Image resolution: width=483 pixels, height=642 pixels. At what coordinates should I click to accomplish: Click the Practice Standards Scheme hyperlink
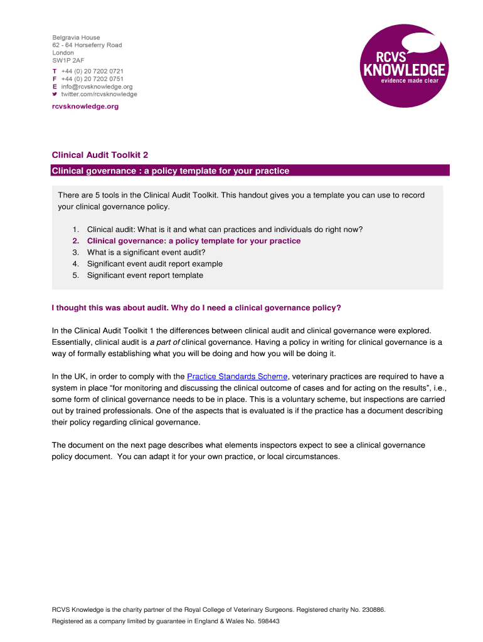click(237, 376)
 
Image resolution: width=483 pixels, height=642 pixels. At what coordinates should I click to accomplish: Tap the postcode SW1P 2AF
click(68, 61)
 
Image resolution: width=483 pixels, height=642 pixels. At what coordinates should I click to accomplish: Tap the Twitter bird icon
click(55, 94)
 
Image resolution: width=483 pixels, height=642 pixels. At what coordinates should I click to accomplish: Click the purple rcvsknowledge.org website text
click(85, 107)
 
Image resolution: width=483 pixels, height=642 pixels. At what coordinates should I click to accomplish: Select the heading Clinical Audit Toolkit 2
click(100, 155)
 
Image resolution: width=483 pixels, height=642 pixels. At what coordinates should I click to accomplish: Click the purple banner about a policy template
click(250, 171)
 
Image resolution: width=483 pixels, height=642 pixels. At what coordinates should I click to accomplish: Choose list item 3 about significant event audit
click(146, 252)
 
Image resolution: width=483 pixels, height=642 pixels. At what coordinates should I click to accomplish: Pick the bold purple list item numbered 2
click(193, 241)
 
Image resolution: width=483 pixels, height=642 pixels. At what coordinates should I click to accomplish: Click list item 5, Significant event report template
click(145, 275)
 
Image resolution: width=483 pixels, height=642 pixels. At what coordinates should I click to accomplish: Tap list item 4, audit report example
click(154, 264)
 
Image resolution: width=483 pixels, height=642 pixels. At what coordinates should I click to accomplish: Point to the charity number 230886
click(370, 609)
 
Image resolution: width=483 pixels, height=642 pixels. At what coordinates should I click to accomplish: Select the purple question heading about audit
click(196, 308)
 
